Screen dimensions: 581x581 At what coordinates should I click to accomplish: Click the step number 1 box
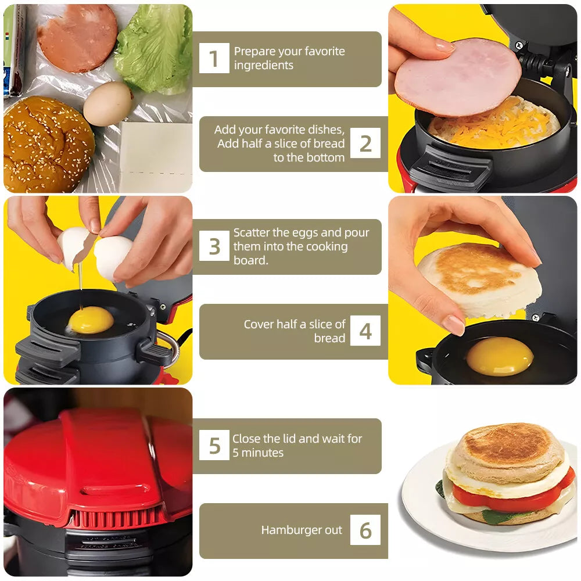(x=214, y=59)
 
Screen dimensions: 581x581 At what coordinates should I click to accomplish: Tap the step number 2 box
(x=365, y=144)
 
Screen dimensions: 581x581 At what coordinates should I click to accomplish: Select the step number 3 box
(x=214, y=246)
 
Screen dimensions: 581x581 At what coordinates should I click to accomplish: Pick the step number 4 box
(x=365, y=331)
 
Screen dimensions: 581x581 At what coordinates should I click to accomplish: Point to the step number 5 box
(x=214, y=446)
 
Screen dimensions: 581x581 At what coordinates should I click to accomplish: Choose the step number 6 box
(x=365, y=530)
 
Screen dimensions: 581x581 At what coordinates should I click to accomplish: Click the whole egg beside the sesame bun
(x=107, y=103)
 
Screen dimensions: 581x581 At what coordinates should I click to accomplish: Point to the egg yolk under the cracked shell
(x=91, y=320)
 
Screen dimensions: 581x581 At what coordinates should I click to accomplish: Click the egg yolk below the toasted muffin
(x=500, y=356)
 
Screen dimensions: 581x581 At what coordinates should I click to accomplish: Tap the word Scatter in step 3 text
(x=252, y=232)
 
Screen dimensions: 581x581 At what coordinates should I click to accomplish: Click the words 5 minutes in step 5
(x=258, y=453)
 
